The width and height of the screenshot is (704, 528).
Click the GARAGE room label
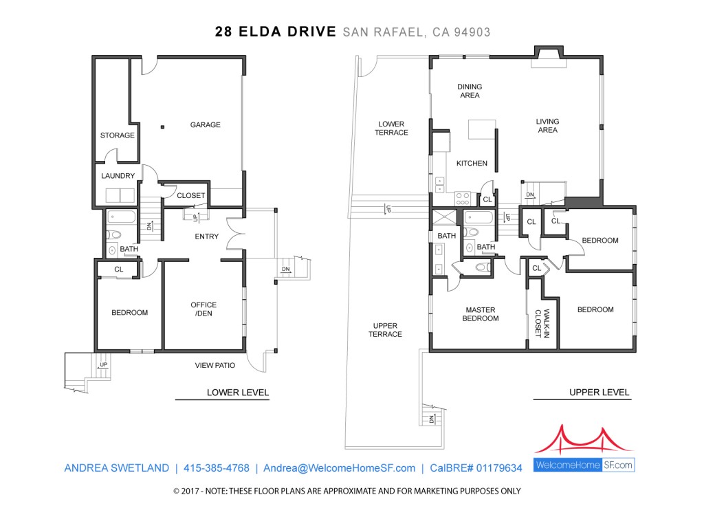205,125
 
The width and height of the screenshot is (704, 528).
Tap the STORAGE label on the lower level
117,135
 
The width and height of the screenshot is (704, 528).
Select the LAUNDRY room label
118,175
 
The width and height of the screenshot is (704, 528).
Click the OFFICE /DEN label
203,309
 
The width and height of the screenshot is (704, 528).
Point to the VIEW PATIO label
215,366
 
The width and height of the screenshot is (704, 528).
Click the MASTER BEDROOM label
481,313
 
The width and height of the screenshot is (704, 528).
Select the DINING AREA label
470,91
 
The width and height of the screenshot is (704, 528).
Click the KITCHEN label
472,164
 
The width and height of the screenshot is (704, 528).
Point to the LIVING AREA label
547,126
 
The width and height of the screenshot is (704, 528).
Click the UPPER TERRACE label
385,330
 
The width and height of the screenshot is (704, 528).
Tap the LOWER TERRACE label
391,128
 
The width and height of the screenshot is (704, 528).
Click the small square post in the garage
162,127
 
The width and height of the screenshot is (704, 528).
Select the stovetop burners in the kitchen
463,198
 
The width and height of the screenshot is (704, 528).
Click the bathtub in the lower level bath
121,217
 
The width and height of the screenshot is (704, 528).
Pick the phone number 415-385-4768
217,467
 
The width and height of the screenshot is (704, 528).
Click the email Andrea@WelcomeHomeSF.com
339,467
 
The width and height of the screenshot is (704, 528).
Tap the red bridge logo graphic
584,440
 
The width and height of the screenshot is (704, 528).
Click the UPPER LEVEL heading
599,393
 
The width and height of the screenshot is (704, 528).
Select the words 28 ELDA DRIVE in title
275,32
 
